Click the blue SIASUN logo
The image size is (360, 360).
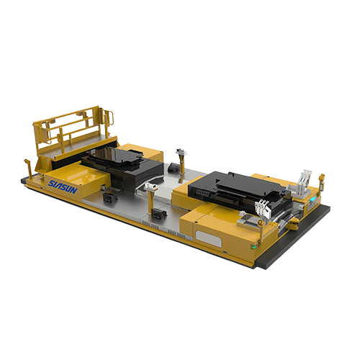pos(63,187)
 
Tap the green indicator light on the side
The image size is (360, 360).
pos(253,246)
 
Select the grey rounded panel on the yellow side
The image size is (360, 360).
pos(208,238)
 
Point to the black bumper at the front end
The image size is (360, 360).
pos(295,235)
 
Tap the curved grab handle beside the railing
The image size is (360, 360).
pos(109,117)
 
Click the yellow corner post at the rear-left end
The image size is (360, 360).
pos(29,168)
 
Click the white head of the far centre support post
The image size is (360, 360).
pos(181,152)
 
